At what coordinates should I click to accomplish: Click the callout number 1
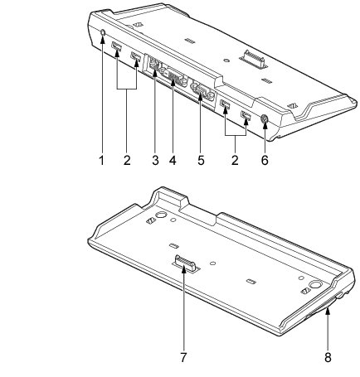pos(102,160)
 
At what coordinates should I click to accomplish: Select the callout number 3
pos(155,160)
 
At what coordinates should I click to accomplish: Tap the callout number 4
pos(173,160)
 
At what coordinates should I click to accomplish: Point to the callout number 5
pos(201,160)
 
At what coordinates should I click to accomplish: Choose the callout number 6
pos(265,160)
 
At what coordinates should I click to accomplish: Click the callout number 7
pos(184,358)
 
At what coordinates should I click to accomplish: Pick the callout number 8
pos(328,358)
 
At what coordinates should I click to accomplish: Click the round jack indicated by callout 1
pos(103,32)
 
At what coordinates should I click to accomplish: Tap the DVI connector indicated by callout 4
pos(174,77)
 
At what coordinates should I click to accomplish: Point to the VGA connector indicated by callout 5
pos(202,92)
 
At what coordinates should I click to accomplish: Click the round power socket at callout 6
pos(265,119)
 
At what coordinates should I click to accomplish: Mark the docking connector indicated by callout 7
pos(186,263)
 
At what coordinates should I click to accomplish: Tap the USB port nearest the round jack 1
pos(116,46)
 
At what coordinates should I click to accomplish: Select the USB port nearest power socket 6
pos(246,115)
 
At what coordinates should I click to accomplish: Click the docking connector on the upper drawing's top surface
pos(254,59)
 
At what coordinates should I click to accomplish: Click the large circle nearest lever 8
pos(316,285)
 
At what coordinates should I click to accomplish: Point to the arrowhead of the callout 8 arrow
pos(328,312)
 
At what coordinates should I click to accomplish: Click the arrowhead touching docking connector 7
pos(184,268)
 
